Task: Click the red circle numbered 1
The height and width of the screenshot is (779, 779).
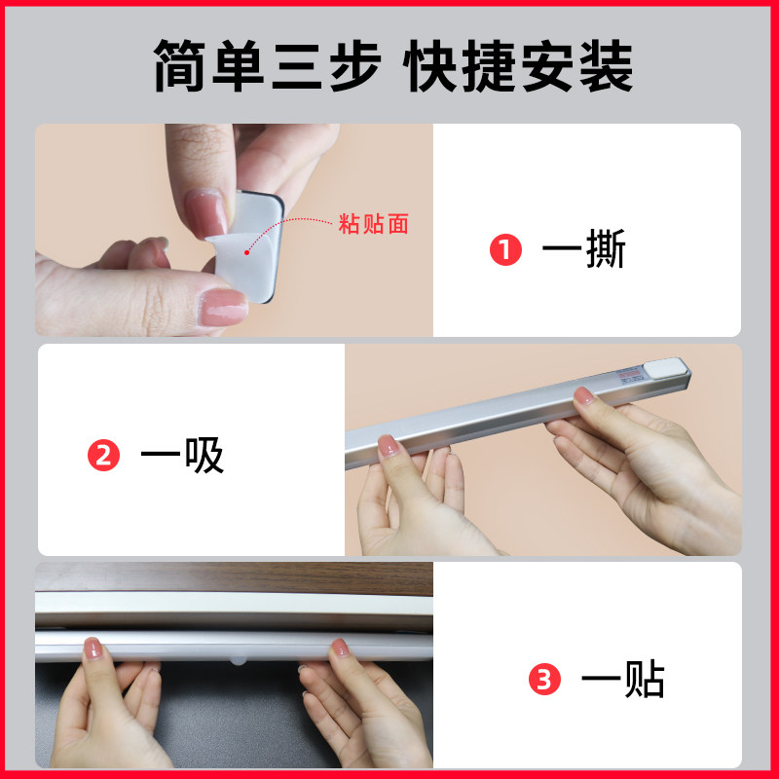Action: [505, 249]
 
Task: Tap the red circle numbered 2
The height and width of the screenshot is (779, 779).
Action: [103, 455]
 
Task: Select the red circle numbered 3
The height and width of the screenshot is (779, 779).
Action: [544, 679]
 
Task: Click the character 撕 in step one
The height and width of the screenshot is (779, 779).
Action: [605, 249]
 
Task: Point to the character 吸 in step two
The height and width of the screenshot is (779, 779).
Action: [204, 455]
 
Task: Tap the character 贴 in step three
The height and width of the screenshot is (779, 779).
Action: [645, 679]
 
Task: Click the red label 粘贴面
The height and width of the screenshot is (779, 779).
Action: [374, 224]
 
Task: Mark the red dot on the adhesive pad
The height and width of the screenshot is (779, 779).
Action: [247, 253]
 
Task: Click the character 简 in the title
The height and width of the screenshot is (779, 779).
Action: [179, 65]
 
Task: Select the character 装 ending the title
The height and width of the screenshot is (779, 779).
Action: [607, 65]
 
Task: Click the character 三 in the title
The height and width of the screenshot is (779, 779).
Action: [297, 65]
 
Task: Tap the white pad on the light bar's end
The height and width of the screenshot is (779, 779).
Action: [665, 369]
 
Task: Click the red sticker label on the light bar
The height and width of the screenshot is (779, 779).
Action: [628, 374]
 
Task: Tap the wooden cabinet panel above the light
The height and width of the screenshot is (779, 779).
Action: [234, 577]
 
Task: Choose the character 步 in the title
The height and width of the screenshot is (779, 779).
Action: [355, 65]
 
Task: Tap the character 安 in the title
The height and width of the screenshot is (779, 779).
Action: [547, 65]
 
